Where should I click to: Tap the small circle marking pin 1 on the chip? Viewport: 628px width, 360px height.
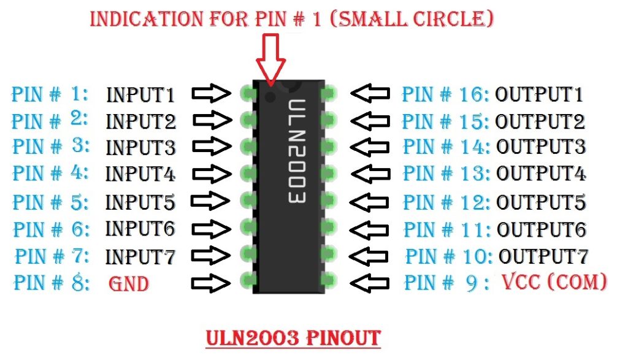[x=270, y=96]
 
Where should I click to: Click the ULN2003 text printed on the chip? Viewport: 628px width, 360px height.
[x=296, y=152]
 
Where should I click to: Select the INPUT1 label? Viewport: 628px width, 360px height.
[x=140, y=95]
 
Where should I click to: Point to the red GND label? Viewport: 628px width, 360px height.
[x=129, y=284]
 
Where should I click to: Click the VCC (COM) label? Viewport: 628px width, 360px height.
[x=554, y=282]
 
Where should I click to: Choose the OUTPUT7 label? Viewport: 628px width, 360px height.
[x=543, y=255]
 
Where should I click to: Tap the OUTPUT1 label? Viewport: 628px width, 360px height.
[x=539, y=94]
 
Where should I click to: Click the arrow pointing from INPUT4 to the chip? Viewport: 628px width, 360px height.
[x=212, y=174]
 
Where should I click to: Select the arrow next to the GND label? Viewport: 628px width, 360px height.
[x=212, y=283]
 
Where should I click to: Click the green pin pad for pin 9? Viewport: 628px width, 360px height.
[x=329, y=281]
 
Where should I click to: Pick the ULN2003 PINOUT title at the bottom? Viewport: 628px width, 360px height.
[x=293, y=337]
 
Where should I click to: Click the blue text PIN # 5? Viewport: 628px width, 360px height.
[x=51, y=201]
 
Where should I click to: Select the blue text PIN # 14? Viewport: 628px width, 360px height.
[x=445, y=147]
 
